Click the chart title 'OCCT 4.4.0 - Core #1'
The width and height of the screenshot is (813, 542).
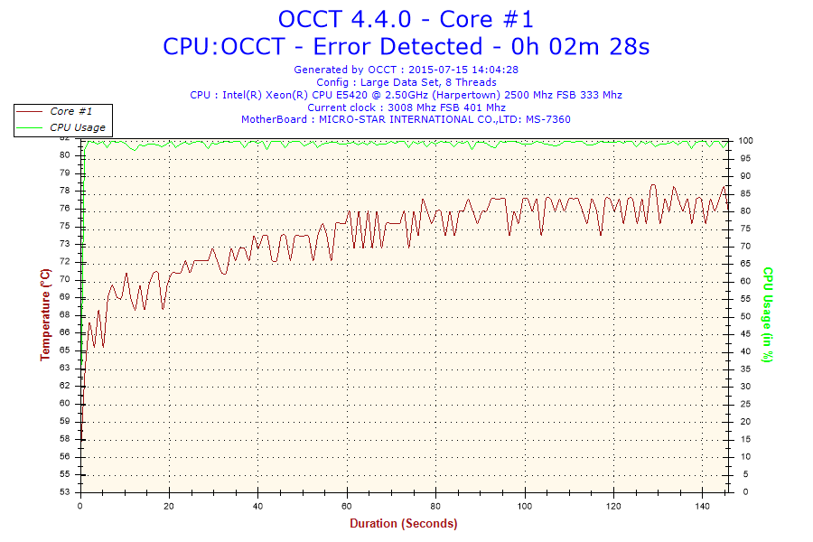pyautogui.click(x=406, y=19)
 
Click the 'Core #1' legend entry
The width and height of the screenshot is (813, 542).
pyautogui.click(x=71, y=111)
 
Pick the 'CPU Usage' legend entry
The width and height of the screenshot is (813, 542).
pyautogui.click(x=77, y=127)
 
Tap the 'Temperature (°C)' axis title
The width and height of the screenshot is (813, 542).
pyautogui.click(x=45, y=314)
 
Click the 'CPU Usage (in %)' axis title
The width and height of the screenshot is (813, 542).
pyautogui.click(x=768, y=314)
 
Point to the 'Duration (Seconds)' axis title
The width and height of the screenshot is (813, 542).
pyautogui.click(x=404, y=523)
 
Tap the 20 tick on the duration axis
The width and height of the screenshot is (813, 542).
pyautogui.click(x=169, y=506)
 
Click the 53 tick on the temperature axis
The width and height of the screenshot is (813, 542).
pyautogui.click(x=65, y=492)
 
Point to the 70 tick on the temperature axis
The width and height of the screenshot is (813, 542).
pyautogui.click(x=65, y=279)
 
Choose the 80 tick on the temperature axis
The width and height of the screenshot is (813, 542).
pyautogui.click(x=65, y=154)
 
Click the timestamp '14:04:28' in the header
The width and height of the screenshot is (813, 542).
pyautogui.click(x=491, y=69)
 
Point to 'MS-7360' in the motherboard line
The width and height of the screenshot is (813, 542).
pyautogui.click(x=549, y=119)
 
